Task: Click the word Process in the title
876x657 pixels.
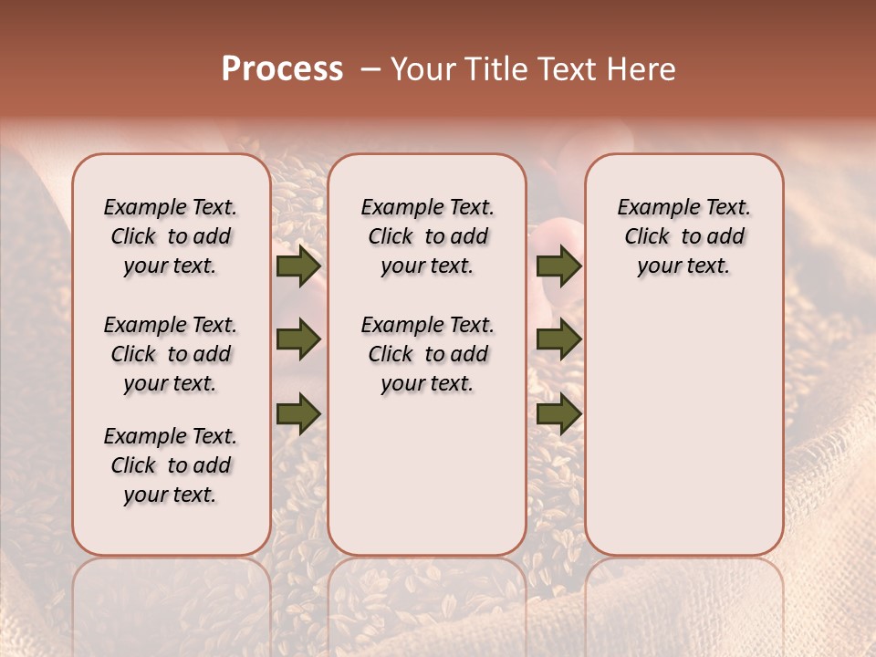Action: (282, 68)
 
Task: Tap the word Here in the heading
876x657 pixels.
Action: (642, 69)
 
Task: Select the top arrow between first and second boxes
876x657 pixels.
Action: (298, 266)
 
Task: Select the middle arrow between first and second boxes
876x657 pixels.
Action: (298, 340)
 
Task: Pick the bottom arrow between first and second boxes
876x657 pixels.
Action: (298, 413)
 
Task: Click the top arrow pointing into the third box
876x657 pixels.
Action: (558, 266)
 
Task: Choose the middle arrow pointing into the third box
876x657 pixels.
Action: (558, 340)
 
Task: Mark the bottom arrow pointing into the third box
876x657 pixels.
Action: (558, 413)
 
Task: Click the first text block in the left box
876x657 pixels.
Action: (171, 236)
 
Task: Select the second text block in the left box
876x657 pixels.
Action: (171, 354)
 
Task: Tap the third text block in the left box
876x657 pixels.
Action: (171, 465)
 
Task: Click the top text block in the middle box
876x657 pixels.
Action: (427, 236)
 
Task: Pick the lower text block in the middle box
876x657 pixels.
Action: (427, 354)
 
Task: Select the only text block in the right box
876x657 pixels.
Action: (683, 236)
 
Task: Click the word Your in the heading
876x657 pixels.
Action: (424, 69)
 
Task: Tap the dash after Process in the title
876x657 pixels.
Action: (370, 69)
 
